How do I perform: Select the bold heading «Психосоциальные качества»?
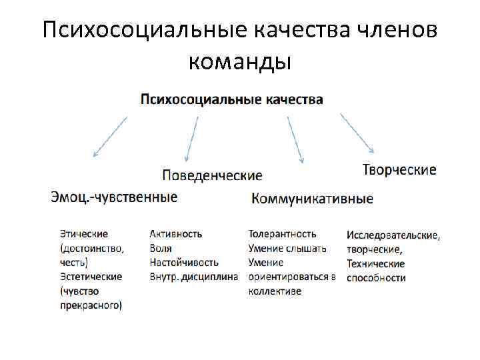point(232,99)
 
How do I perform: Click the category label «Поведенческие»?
point(212,175)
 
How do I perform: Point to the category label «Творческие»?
point(399,169)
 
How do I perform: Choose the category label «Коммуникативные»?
point(313,198)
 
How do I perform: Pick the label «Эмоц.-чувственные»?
point(114,197)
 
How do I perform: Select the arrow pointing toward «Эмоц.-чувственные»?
point(109,137)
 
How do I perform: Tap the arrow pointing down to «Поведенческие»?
point(191,139)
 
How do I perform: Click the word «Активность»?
point(176,234)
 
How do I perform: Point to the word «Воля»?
point(161,248)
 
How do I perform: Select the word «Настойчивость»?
point(184,263)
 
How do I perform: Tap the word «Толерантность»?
point(282,234)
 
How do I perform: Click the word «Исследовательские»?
point(393,235)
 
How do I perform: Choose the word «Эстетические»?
point(91,277)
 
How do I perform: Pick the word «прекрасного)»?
point(91,305)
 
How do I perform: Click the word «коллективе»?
point(275,291)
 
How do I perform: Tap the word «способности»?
point(376,278)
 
